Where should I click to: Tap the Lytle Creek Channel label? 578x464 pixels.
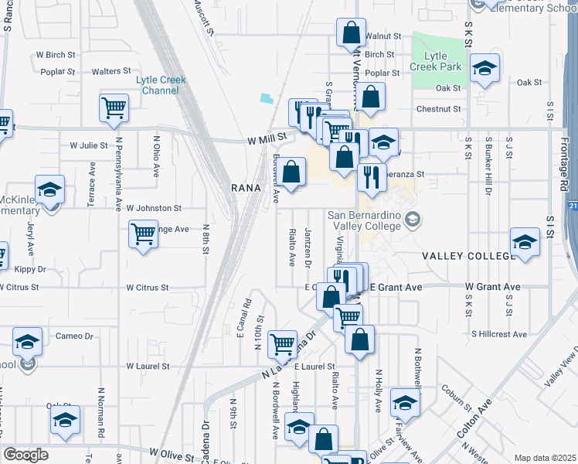[x=161, y=84]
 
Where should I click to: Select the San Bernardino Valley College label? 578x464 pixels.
[x=365, y=220]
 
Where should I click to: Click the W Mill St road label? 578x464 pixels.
[x=267, y=138]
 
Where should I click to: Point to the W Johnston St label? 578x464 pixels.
[x=154, y=208]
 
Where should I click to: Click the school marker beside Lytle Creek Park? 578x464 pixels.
[x=484, y=69]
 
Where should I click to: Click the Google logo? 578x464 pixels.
[x=25, y=455]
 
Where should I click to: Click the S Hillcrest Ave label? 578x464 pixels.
[x=499, y=334]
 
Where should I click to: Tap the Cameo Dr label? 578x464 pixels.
[x=74, y=336]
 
